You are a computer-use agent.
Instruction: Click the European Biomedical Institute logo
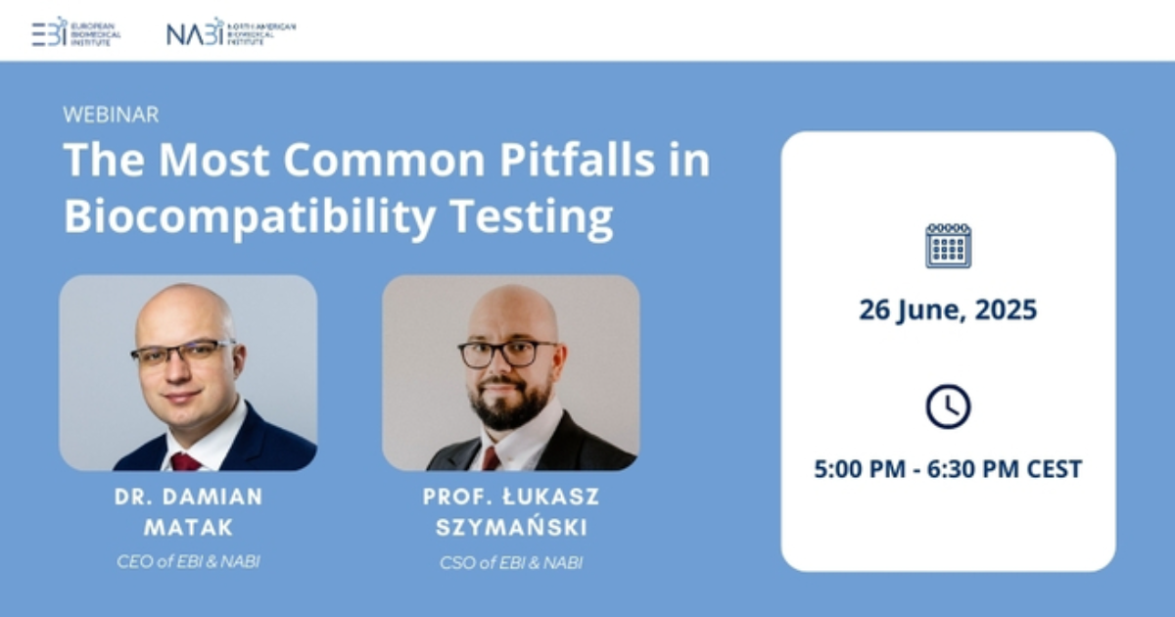76,31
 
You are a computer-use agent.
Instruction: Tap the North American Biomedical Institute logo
230,31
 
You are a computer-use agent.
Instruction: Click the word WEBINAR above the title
111,115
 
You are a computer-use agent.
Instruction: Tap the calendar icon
948,245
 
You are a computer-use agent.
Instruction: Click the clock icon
948,405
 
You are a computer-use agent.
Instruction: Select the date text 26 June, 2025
948,310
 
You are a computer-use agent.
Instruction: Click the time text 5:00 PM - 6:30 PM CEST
948,469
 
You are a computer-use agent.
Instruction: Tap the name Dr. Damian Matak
189,511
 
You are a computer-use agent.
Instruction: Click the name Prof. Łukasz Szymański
511,511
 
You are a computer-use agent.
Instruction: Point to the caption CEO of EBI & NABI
189,561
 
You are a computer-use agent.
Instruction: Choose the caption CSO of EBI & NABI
511,562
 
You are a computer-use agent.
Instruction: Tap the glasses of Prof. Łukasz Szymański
508,353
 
